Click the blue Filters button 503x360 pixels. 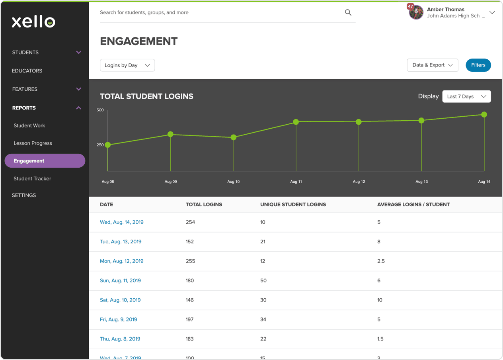pos(478,65)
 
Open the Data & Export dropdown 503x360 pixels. pos(433,65)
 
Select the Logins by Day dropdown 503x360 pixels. pos(127,65)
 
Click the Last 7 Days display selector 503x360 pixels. pos(466,96)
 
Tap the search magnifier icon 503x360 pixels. pos(348,13)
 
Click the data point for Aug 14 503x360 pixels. pos(484,115)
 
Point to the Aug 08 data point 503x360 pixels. pos(107,145)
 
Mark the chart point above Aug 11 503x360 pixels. pos(296,122)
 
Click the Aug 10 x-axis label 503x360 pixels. pos(234,182)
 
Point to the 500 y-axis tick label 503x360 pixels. pos(100,110)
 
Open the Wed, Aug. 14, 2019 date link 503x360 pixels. pos(122,222)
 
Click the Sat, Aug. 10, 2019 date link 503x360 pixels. pos(120,300)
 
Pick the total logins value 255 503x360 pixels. pos(190,261)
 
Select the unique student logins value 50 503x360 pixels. pos(263,280)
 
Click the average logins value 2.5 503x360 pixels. pos(381,261)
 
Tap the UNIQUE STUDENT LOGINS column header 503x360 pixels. pos(293,204)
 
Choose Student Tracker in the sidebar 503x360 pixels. pos(32,178)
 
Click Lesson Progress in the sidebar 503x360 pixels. pos(33,143)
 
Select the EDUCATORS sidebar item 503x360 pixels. pos(27,71)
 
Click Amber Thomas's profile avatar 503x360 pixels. pos(416,12)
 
